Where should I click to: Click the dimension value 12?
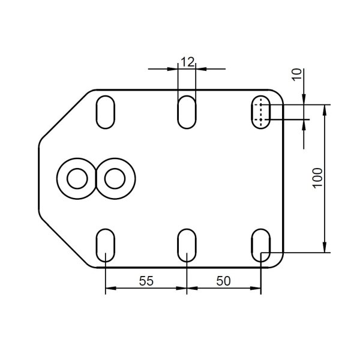click(188, 62)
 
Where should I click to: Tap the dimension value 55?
click(146, 281)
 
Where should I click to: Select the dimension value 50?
click(223, 281)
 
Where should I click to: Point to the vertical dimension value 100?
click(318, 178)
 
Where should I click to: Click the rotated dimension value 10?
click(297, 74)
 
